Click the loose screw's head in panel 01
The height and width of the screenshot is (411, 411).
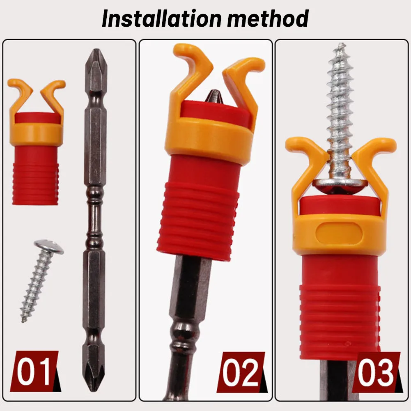pos(49,247)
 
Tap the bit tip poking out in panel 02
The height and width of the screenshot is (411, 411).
pos(214,97)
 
